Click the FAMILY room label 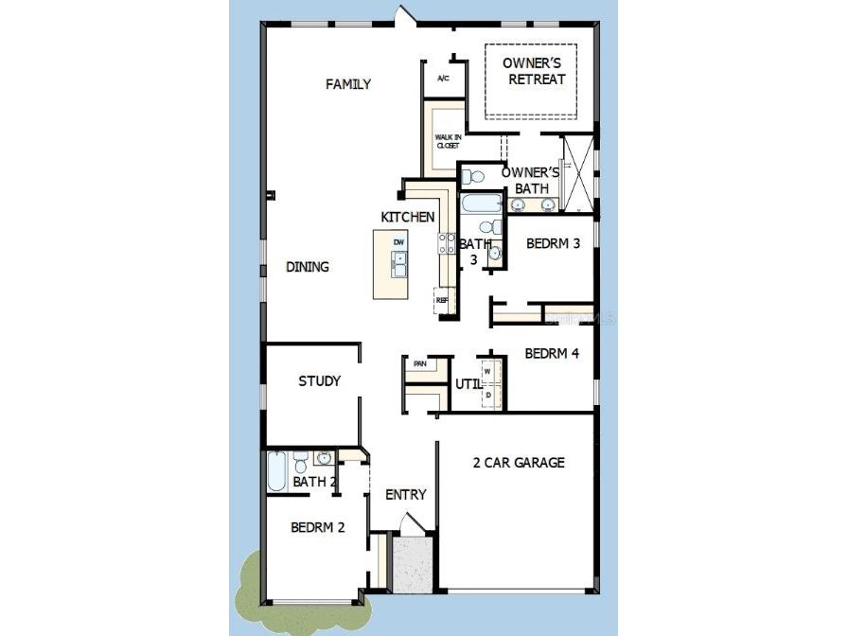point(348,84)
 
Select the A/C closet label point(443,79)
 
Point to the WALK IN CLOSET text point(448,141)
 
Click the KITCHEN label point(408,218)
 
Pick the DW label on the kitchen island point(399,243)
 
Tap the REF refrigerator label point(441,301)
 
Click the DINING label point(308,267)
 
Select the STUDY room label point(319,381)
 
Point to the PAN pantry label point(420,363)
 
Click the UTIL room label point(468,384)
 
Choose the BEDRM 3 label point(554,243)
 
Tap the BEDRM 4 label point(552,354)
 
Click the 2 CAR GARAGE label point(519,463)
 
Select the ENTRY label point(405,495)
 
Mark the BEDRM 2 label point(317,528)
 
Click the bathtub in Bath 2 point(276,470)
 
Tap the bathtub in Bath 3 point(481,203)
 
